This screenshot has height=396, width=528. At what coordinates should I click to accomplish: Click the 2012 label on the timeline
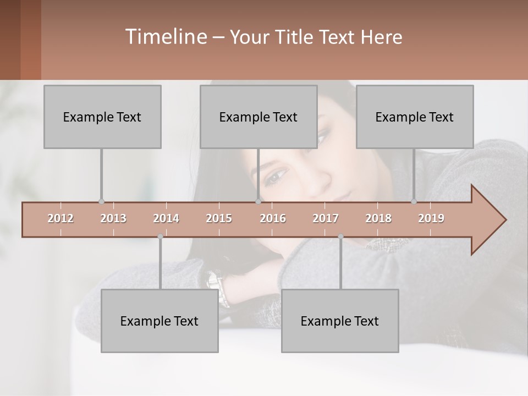[x=61, y=218]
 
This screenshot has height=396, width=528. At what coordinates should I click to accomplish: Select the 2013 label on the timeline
[x=113, y=218]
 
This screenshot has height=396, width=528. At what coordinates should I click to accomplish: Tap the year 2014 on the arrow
[x=166, y=218]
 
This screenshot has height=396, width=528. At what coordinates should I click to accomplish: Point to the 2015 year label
[x=219, y=218]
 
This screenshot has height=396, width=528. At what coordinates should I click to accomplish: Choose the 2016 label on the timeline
[x=273, y=218]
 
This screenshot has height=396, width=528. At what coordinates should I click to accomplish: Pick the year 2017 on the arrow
[x=326, y=218]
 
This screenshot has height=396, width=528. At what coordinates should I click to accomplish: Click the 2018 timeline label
[x=378, y=218]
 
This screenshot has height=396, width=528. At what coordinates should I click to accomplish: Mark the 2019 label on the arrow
[x=431, y=218]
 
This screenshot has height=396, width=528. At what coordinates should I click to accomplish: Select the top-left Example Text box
[x=102, y=117]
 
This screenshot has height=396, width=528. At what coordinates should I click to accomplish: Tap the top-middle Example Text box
[x=258, y=117]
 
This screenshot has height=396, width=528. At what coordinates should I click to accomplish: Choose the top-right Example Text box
[x=415, y=117]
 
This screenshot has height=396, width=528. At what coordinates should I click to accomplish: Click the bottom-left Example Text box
[x=159, y=321]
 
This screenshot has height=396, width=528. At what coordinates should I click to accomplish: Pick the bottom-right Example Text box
[x=340, y=321]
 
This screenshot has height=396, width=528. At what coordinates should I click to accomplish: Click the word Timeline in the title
[x=166, y=37]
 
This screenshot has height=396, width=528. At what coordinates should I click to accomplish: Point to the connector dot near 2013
[x=101, y=202]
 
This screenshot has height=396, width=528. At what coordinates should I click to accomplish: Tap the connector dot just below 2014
[x=160, y=237]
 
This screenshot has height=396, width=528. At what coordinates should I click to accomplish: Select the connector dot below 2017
[x=340, y=237]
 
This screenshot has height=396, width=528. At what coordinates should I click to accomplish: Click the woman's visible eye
[x=277, y=175]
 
